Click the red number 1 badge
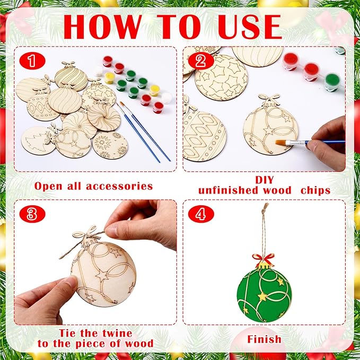32,61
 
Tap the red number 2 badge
201,61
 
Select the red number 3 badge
32,214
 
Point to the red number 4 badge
201,214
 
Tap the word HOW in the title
102,27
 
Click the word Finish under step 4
264,339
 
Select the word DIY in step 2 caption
265,180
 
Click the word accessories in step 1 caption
119,186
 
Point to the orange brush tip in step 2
280,143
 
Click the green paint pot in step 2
332,82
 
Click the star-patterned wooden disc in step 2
221,78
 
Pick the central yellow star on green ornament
262,296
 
